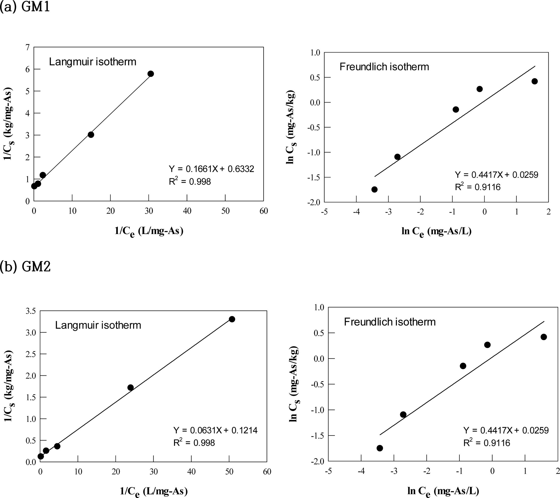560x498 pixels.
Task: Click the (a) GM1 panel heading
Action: pyautogui.click(x=25, y=7)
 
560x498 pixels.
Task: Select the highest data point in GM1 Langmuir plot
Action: pyautogui.click(x=150, y=74)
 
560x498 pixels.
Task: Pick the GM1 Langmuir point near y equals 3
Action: pyautogui.click(x=91, y=135)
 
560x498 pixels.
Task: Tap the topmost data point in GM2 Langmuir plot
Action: pyautogui.click(x=232, y=319)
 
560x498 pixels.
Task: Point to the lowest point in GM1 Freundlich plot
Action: pyautogui.click(x=374, y=189)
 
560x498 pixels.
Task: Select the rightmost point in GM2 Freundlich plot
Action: pyautogui.click(x=544, y=337)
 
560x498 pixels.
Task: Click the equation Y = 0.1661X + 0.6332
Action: pyautogui.click(x=212, y=169)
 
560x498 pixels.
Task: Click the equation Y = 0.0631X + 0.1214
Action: pyautogui.click(x=215, y=430)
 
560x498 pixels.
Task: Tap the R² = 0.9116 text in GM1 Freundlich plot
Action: pyautogui.click(x=477, y=187)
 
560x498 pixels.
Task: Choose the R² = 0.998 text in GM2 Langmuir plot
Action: pyautogui.click(x=194, y=443)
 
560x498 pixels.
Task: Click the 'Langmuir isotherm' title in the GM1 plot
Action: pyautogui.click(x=93, y=62)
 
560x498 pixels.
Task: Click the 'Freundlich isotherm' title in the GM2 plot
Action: pyautogui.click(x=390, y=322)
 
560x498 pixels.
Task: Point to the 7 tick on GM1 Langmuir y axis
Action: pyautogui.click(x=27, y=47)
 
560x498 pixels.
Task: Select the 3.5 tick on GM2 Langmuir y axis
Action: pyautogui.click(x=31, y=311)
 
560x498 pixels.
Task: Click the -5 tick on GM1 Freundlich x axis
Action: pyautogui.click(x=324, y=212)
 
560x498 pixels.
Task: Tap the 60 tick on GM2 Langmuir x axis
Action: pyautogui.click(x=267, y=471)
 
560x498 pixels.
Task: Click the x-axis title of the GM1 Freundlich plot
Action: pyautogui.click(x=436, y=232)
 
